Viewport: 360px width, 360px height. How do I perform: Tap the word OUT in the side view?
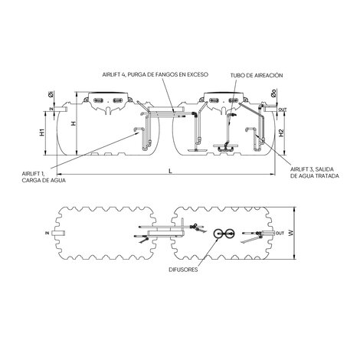pyautogui.click(x=283, y=110)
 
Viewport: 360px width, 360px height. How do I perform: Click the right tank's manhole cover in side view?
pyautogui.click(x=222, y=100)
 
